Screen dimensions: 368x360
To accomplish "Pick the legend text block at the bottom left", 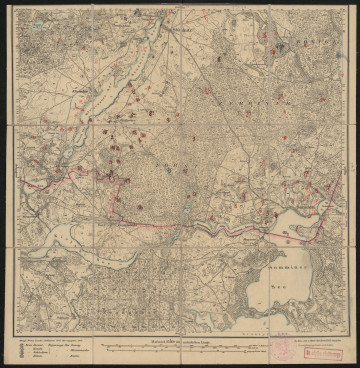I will click(x=50, y=350).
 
